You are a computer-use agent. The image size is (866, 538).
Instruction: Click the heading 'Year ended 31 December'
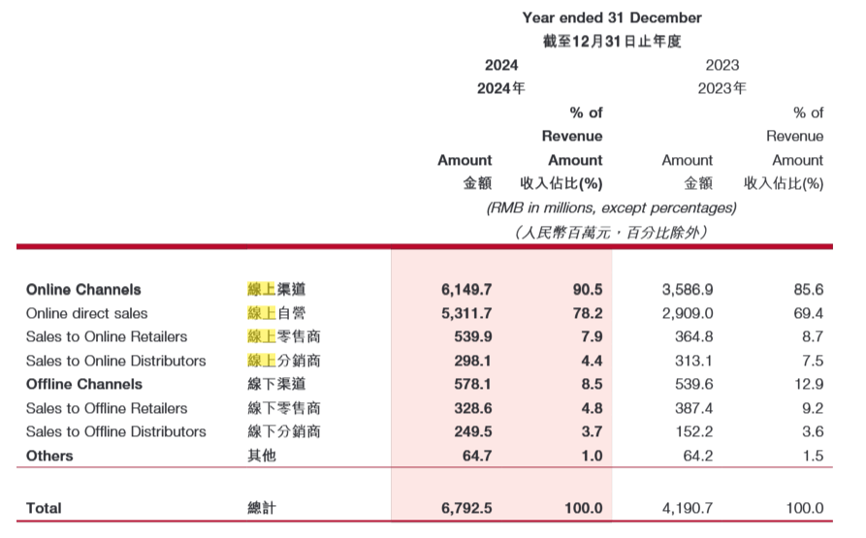click(x=611, y=17)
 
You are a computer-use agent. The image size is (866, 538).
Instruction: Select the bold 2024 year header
click(x=501, y=65)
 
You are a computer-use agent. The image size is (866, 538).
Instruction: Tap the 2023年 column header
click(x=722, y=88)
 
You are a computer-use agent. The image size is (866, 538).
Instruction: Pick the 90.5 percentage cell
click(x=588, y=290)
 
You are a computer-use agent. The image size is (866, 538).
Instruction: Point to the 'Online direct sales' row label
click(x=87, y=313)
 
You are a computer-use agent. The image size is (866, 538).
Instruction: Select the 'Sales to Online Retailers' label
click(x=107, y=336)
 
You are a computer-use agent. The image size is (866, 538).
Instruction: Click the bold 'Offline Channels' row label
click(x=84, y=384)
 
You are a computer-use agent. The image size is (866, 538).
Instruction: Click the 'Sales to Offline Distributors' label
click(x=116, y=431)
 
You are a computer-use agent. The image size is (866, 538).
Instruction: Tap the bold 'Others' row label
click(x=49, y=456)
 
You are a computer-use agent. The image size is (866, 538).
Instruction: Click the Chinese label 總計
click(x=262, y=508)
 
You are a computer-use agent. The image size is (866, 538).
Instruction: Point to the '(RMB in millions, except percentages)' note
click(x=611, y=207)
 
